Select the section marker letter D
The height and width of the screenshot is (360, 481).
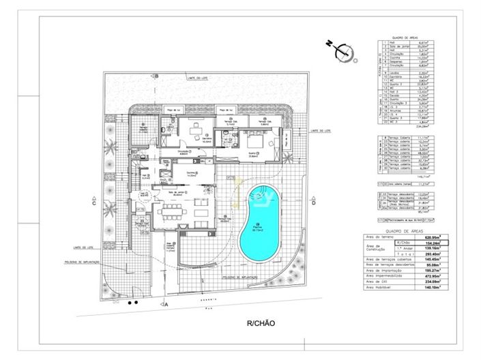tap(313, 202)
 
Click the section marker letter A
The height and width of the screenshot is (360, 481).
tap(166, 305)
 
